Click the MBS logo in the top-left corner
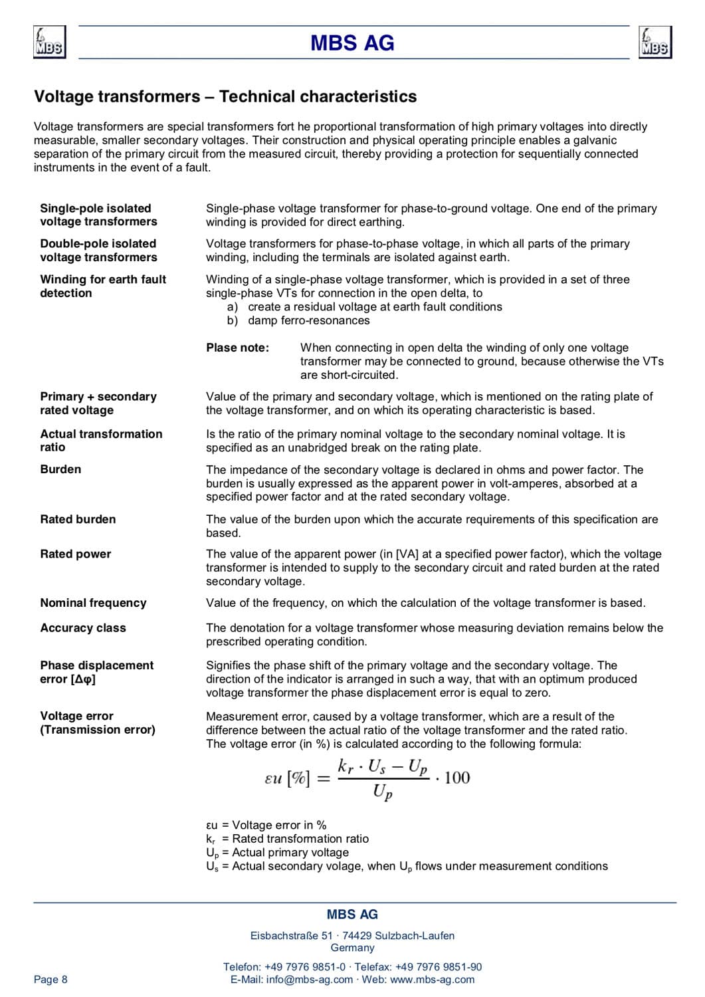pos(50,43)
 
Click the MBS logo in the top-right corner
pos(655,43)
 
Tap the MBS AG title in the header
pos(352,44)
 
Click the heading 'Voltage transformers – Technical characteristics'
pos(225,97)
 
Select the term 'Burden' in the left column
pos(60,469)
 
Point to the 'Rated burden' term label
pos(78,519)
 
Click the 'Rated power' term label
pos(76,554)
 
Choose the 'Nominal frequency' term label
pos(93,603)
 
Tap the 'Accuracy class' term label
pos(83,627)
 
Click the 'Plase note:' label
pos(237,348)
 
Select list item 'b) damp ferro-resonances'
pos(298,320)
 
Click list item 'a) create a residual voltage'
pos(364,306)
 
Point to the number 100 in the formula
pos(457,778)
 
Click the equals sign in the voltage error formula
pos(324,779)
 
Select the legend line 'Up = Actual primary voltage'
pos(277,853)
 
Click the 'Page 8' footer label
pos(50,979)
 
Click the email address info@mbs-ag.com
pos(310,979)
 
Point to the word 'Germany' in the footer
pos(352,948)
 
